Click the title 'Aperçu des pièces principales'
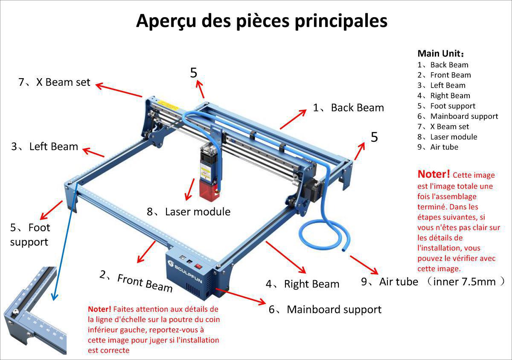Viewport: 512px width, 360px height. pyautogui.click(x=261, y=20)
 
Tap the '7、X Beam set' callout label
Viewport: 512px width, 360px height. pyautogui.click(x=54, y=82)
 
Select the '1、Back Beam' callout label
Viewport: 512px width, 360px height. pyautogui.click(x=348, y=108)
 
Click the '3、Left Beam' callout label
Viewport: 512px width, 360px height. pyautogui.click(x=45, y=146)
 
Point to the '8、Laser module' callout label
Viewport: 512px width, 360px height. pyautogui.click(x=189, y=211)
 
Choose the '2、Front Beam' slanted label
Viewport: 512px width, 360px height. pyautogui.click(x=136, y=282)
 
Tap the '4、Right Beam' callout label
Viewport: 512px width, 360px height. pyautogui.click(x=302, y=284)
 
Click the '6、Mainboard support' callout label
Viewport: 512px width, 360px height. pyautogui.click(x=325, y=309)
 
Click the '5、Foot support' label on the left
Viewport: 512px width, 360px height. pyautogui.click(x=29, y=234)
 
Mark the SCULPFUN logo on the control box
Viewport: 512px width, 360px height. pyautogui.click(x=188, y=268)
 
